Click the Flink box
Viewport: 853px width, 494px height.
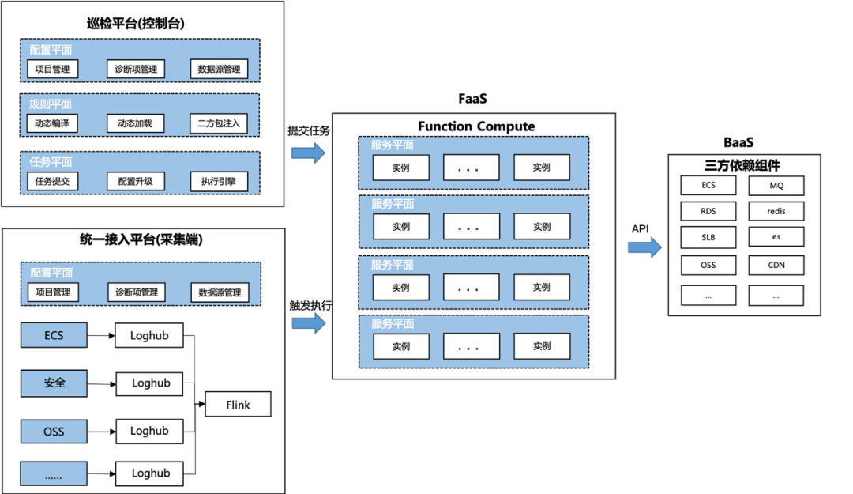tap(238, 405)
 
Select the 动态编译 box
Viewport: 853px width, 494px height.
tap(52, 124)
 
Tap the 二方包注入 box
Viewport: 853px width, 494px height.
tap(219, 124)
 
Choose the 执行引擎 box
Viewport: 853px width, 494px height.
tap(219, 182)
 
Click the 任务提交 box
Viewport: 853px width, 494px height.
tap(52, 182)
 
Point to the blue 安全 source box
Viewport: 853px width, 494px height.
tap(54, 383)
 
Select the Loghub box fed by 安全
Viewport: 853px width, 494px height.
tap(151, 383)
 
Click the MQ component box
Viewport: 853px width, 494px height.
tap(776, 186)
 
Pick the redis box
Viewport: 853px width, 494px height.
tap(776, 212)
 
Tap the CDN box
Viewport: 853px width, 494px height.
tap(776, 265)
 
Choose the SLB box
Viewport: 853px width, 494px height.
tap(708, 237)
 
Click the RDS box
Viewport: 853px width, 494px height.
tap(708, 212)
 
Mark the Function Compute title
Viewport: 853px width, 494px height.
tap(475, 126)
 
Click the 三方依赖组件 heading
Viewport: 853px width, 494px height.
tap(742, 166)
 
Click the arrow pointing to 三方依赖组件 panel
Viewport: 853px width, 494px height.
tap(645, 247)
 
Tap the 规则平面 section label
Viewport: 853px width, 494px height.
tap(51, 104)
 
